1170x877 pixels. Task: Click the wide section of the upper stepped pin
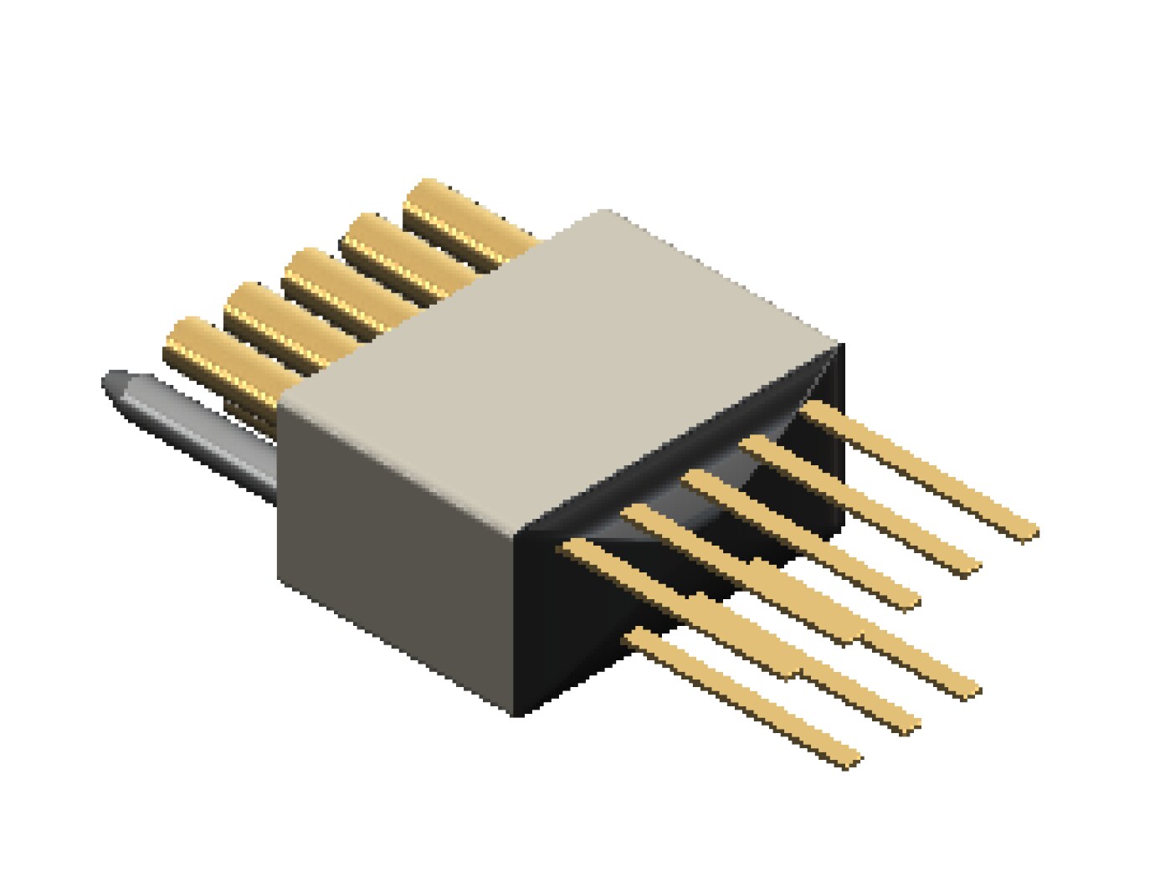coord(803,598)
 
